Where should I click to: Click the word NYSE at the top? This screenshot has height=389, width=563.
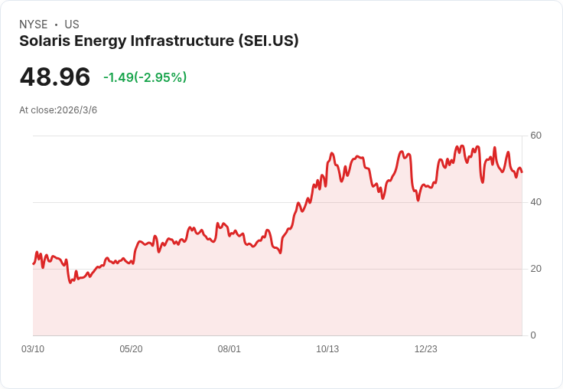coord(33,25)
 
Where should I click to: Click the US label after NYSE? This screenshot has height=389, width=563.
coord(72,25)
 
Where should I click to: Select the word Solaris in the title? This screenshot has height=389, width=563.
coord(44,41)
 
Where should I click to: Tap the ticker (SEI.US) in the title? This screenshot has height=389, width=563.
coord(268,41)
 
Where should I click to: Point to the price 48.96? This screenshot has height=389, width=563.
coord(55,77)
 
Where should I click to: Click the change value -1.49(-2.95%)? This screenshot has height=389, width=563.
coord(145,77)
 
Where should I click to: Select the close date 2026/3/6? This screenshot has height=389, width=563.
coord(76,110)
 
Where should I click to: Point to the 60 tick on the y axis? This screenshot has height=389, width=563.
coord(536,136)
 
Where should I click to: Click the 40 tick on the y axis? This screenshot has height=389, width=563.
coord(536,202)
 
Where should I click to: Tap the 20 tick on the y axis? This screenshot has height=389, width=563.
coord(536,269)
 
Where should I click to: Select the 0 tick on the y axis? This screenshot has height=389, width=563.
coord(533,335)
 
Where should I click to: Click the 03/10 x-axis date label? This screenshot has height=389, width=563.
coord(33,349)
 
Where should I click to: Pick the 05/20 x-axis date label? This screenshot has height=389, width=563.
coord(131,349)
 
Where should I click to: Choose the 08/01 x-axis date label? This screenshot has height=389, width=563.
coord(229,349)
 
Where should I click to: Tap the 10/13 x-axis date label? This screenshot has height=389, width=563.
coord(327,349)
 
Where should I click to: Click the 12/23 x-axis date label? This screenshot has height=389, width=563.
coord(426,349)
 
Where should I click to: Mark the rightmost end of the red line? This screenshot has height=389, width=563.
coord(522,172)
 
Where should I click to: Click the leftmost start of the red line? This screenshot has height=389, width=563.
coord(34,263)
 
